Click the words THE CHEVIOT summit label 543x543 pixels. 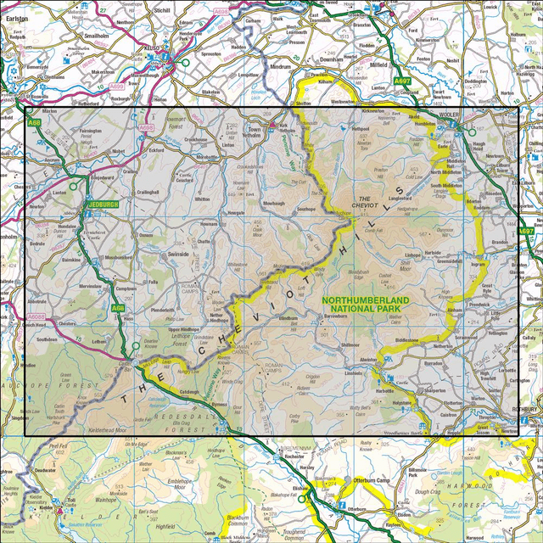pyautogui.click(x=364, y=198)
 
